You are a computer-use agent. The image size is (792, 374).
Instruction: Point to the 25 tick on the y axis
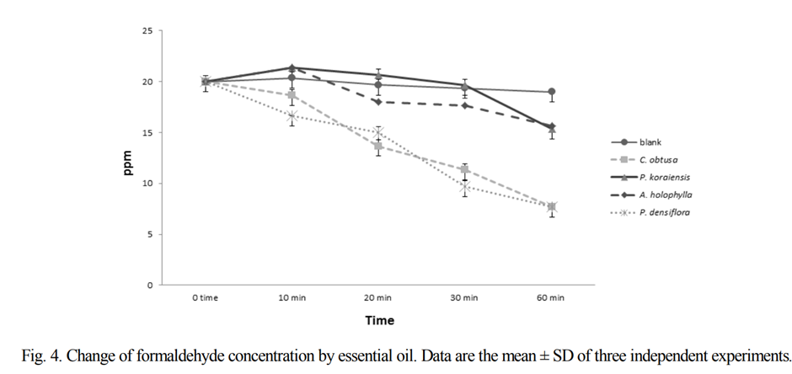pos(147,31)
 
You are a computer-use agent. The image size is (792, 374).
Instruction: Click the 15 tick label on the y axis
pos(147,133)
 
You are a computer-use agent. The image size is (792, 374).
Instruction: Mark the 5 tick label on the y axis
pos(150,234)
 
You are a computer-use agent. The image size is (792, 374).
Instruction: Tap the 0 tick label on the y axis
pos(150,286)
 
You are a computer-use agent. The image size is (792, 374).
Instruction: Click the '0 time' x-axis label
pos(205,298)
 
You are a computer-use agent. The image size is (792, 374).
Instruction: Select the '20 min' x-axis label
pos(377,298)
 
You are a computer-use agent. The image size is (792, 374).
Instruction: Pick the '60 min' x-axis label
pos(551,298)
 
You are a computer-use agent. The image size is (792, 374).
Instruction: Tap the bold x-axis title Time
pos(379,321)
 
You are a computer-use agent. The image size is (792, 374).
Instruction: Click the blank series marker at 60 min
pos(551,92)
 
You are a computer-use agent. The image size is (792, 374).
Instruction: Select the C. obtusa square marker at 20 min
pos(378,147)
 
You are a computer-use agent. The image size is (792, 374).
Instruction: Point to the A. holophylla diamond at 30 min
pos(464,105)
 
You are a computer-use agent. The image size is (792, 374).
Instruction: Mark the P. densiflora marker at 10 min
pos(292,116)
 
